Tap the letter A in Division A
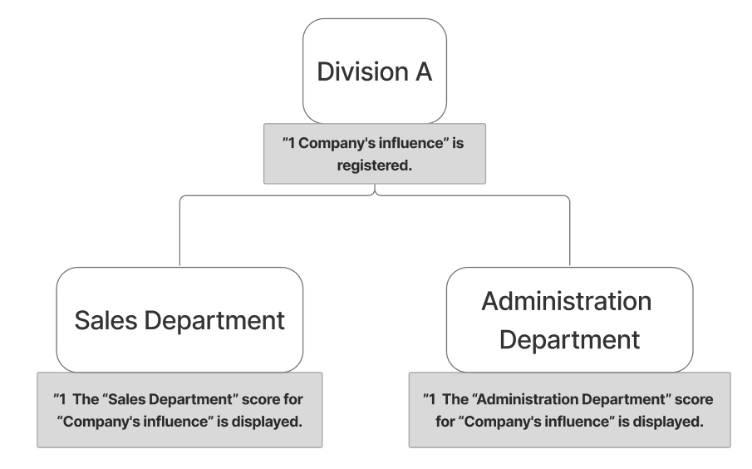(x=422, y=71)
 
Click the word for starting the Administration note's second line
(x=445, y=420)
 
